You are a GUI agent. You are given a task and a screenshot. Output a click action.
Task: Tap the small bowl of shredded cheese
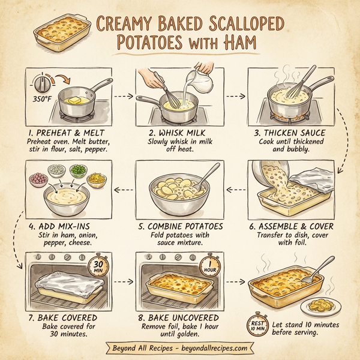[x=96, y=178]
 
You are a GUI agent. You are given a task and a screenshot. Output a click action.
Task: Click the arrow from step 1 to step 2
[x=122, y=95]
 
